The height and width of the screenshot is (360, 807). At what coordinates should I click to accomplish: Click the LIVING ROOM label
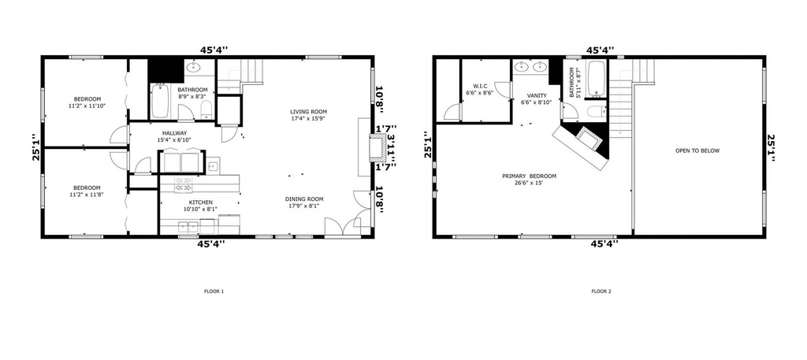tap(308, 112)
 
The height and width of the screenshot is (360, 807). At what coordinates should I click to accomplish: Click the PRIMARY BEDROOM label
tap(529, 176)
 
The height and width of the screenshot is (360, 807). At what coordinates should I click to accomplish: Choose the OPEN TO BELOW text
tap(697, 150)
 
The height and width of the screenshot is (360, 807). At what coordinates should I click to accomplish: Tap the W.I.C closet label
tap(480, 86)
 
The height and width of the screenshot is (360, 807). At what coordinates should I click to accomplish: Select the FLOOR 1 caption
tap(214, 291)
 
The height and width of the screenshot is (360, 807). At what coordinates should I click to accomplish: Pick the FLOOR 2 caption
tap(601, 291)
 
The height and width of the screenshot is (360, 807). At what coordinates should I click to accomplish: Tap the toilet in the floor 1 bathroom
tap(206, 109)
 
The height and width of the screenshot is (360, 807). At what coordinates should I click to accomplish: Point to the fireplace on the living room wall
tap(378, 147)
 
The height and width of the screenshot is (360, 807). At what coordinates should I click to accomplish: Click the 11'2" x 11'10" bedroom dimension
tap(87, 106)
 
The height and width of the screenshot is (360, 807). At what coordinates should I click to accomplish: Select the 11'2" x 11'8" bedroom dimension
tap(87, 195)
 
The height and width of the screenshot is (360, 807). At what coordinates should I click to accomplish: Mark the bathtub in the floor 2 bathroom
tap(597, 79)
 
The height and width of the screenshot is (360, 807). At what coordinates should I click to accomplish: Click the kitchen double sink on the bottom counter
tap(188, 226)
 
